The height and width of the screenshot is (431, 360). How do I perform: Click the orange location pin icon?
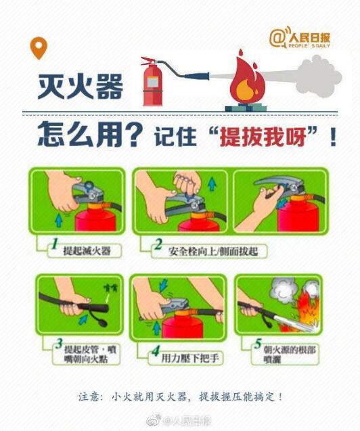(x=39, y=48)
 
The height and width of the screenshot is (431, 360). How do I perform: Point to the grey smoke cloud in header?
(x=319, y=71)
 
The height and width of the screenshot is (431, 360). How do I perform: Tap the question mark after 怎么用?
(x=135, y=135)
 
